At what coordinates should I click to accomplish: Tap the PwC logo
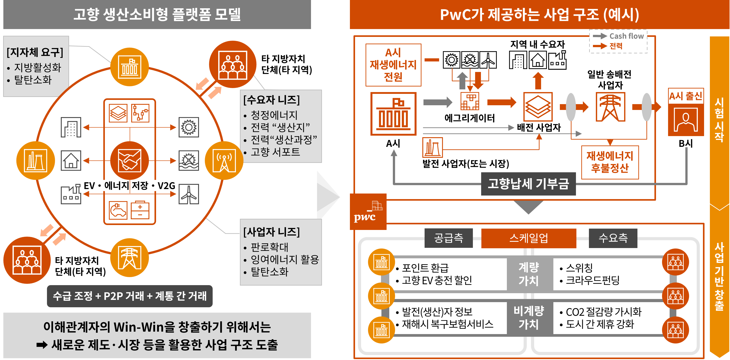(368, 212)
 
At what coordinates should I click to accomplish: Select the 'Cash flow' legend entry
(626, 36)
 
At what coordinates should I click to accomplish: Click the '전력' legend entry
(616, 46)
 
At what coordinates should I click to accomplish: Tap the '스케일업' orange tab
(529, 238)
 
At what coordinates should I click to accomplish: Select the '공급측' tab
(449, 238)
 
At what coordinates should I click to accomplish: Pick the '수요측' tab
(613, 238)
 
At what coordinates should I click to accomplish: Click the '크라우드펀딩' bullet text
(592, 281)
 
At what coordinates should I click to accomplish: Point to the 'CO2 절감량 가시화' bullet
(603, 312)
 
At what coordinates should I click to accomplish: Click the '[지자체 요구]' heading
(35, 52)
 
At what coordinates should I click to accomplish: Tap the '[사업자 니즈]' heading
(271, 232)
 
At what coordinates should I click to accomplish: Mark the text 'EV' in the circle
(89, 186)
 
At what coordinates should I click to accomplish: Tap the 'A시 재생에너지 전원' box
(393, 65)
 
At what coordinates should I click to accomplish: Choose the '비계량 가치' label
(529, 318)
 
